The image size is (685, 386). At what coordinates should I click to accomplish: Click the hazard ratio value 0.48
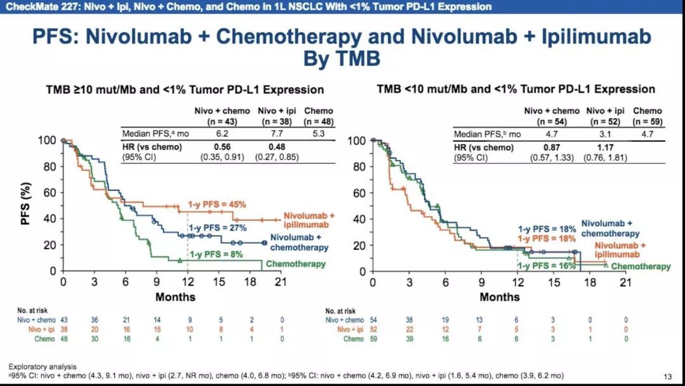coord(275,146)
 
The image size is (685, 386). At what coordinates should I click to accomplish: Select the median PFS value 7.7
coord(275,134)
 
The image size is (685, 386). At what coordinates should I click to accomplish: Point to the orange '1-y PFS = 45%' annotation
coord(216,204)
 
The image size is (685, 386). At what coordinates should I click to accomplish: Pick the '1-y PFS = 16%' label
coord(544,265)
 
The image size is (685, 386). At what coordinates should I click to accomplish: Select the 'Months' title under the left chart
coord(176,296)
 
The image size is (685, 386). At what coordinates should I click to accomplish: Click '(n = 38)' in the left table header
coord(275,120)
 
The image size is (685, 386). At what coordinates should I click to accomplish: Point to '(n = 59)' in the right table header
coord(648,120)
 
